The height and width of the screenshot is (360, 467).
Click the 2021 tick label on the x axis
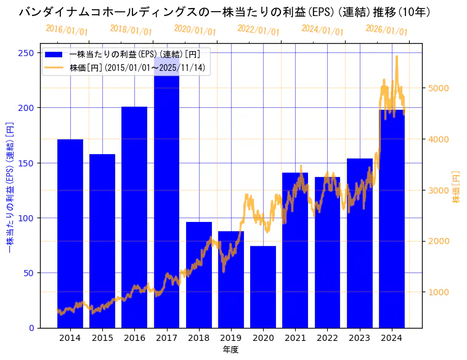point(295,337)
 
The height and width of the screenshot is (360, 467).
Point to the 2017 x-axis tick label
point(166,337)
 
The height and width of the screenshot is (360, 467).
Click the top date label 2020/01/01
point(195,30)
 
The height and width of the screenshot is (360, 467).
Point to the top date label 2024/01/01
point(322,29)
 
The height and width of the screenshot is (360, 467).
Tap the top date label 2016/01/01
point(67,30)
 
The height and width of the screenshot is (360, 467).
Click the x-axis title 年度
point(230,350)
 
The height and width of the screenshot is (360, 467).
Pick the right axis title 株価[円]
point(457,187)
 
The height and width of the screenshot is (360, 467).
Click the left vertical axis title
point(9,187)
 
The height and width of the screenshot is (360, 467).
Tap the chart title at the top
point(224,12)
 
